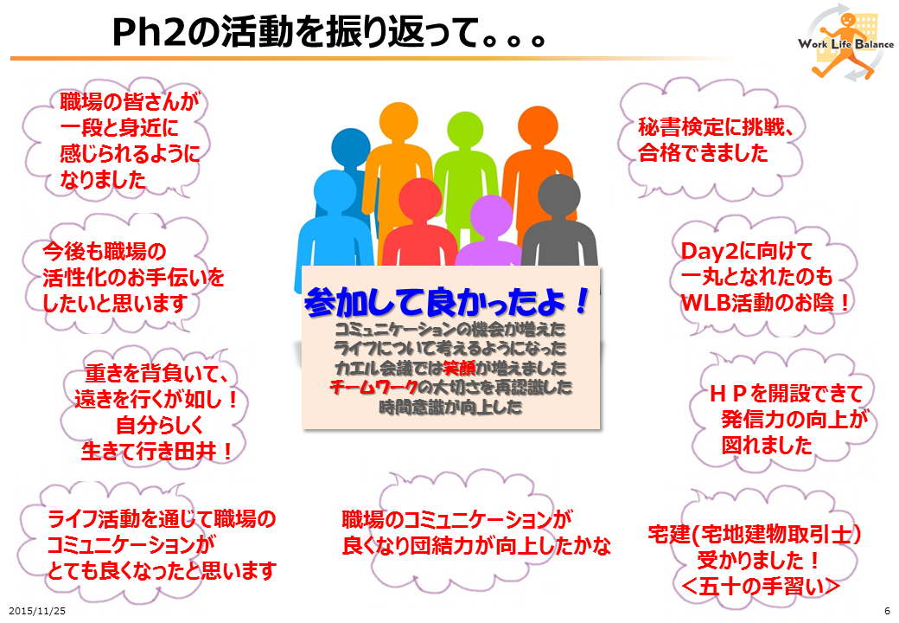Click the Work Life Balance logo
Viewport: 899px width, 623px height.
pyautogui.click(x=845, y=43)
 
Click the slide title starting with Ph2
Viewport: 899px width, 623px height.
pyautogui.click(x=328, y=32)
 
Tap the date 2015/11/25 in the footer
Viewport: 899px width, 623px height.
pyautogui.click(x=37, y=611)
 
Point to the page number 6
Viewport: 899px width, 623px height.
pyautogui.click(x=887, y=611)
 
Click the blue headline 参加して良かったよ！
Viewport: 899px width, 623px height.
pyautogui.click(x=448, y=301)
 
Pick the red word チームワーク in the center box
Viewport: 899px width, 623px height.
pyautogui.click(x=373, y=388)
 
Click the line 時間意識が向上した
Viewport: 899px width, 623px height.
pyautogui.click(x=450, y=407)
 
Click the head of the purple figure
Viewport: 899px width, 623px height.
pyautogui.click(x=491, y=216)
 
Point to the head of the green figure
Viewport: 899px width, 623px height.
pyautogui.click(x=465, y=130)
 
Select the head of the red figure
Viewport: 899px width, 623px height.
pyautogui.click(x=420, y=199)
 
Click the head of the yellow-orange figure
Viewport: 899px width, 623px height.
pyautogui.click(x=398, y=122)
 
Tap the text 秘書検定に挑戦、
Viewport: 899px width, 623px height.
pyautogui.click(x=716, y=127)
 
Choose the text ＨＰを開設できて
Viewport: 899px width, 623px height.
pyautogui.click(x=786, y=394)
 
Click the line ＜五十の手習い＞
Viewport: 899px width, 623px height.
pyautogui.click(x=762, y=586)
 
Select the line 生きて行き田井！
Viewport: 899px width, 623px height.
pyautogui.click(x=157, y=451)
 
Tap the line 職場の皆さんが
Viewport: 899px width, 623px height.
pyautogui.click(x=130, y=101)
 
